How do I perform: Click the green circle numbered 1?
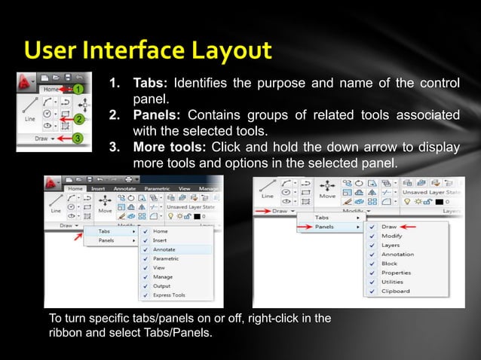tap(77, 89)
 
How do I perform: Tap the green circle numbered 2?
tap(76, 119)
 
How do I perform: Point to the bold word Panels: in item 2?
tap(157, 114)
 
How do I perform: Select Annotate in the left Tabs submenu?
tap(165, 249)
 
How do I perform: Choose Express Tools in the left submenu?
tap(169, 295)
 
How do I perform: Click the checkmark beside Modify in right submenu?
tap(370, 236)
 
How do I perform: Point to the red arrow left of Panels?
tap(301, 226)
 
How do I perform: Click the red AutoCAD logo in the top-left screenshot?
tap(27, 81)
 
